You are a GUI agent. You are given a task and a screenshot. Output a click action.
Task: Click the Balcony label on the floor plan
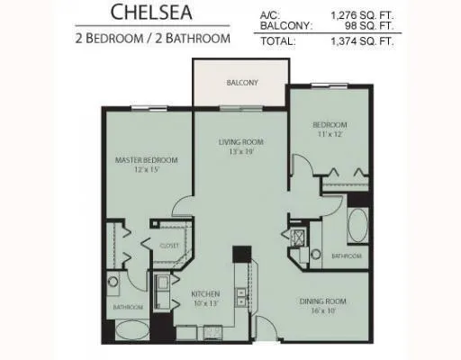click(240, 83)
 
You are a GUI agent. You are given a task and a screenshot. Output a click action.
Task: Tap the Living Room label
click(240, 141)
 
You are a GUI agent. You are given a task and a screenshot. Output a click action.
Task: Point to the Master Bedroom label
click(146, 160)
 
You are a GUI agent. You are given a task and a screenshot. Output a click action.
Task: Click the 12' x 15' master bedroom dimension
click(146, 170)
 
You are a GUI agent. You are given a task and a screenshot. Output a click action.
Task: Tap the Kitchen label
click(206, 292)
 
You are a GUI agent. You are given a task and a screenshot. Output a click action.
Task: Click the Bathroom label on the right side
click(346, 256)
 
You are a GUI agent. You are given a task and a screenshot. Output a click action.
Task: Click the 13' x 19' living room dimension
click(240, 151)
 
